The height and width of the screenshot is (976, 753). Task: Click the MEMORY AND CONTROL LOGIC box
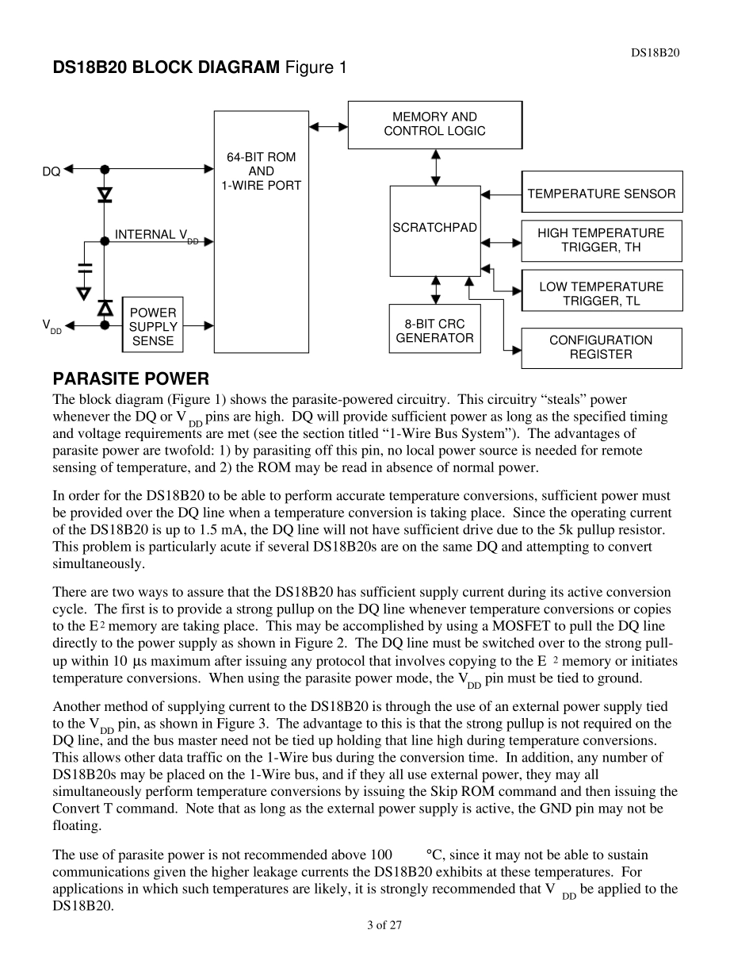434,125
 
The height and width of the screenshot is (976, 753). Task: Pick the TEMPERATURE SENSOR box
601,192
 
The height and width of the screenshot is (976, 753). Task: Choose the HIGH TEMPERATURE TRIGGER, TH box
601,240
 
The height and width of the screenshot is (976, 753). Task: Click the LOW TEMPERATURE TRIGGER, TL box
601,293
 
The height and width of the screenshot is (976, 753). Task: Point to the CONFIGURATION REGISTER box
601,348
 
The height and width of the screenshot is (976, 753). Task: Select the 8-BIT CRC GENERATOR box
434,331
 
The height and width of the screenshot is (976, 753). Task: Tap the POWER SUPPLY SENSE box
153,327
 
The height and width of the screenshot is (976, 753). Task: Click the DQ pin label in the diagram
51,171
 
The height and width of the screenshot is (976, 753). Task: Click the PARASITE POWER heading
131,379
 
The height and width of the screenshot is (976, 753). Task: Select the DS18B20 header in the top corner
655,52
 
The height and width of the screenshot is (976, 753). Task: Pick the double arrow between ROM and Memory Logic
328,125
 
